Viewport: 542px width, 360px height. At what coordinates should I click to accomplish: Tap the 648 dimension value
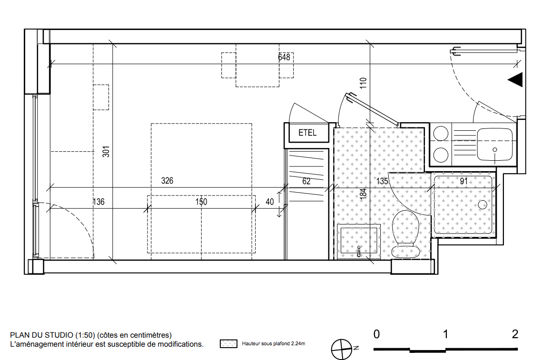click(x=284, y=57)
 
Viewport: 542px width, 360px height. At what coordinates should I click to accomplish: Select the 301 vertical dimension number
click(x=106, y=152)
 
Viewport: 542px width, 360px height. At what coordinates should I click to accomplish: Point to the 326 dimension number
click(x=168, y=181)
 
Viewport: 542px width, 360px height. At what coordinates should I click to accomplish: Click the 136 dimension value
click(x=99, y=202)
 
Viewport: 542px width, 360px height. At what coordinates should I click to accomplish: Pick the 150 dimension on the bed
click(x=201, y=202)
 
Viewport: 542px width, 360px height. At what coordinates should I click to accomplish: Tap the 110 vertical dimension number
click(x=363, y=83)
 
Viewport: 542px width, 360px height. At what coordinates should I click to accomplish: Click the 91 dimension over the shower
click(x=464, y=181)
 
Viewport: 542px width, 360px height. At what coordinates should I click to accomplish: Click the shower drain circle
click(x=482, y=204)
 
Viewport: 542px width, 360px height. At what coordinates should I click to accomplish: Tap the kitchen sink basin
click(x=494, y=145)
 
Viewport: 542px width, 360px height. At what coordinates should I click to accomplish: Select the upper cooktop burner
click(x=441, y=133)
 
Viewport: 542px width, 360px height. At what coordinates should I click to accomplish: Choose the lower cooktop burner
click(x=441, y=155)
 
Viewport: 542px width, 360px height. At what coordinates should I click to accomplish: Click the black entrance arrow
click(x=515, y=80)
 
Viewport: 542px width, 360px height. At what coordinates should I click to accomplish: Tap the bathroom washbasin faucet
click(x=359, y=251)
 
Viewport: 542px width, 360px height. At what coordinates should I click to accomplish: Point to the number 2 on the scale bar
click(x=515, y=334)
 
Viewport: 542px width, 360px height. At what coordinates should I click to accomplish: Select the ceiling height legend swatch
click(x=228, y=344)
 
